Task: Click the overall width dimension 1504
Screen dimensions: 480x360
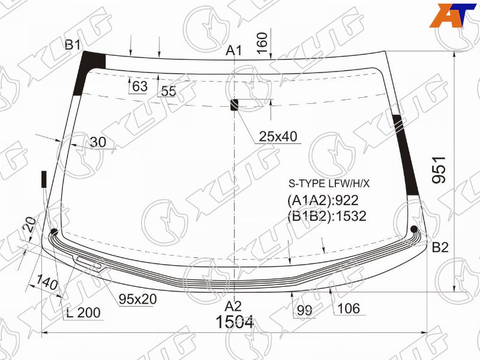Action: pos(235,322)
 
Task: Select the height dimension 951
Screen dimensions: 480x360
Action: pos(439,170)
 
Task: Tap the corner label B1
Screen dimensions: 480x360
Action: pos(73,46)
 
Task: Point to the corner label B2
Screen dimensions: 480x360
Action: pos(440,247)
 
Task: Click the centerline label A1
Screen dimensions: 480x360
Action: pos(233,51)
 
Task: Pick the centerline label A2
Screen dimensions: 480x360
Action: pos(233,306)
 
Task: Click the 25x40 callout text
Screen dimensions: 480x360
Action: pos(278,137)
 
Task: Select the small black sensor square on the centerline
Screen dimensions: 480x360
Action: pos(234,104)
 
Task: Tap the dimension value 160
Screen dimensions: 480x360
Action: pos(262,43)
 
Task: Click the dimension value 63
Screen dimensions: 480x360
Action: pos(140,86)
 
